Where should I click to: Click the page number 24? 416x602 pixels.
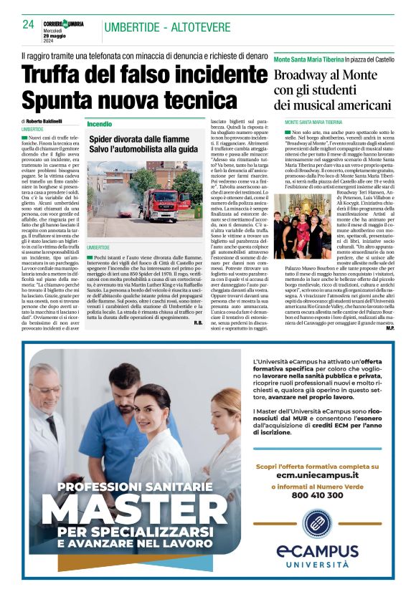(x=29, y=24)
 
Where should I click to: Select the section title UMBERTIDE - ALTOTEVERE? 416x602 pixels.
(x=166, y=27)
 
